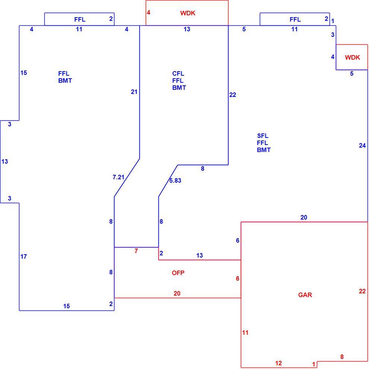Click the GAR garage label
305,295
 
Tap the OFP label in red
178,273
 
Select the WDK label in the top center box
188,13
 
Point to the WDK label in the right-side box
352,57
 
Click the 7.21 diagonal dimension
119,177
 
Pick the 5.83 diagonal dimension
175,180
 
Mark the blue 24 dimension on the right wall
362,146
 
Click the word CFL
178,74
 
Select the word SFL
263,136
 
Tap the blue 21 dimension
134,92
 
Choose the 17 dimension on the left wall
23,256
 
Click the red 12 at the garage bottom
278,363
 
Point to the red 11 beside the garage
245,332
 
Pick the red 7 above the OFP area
136,251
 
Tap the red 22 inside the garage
362,291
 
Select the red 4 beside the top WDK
148,12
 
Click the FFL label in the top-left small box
80,19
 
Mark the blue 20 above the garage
304,217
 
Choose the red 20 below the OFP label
177,293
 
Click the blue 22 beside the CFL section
233,95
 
